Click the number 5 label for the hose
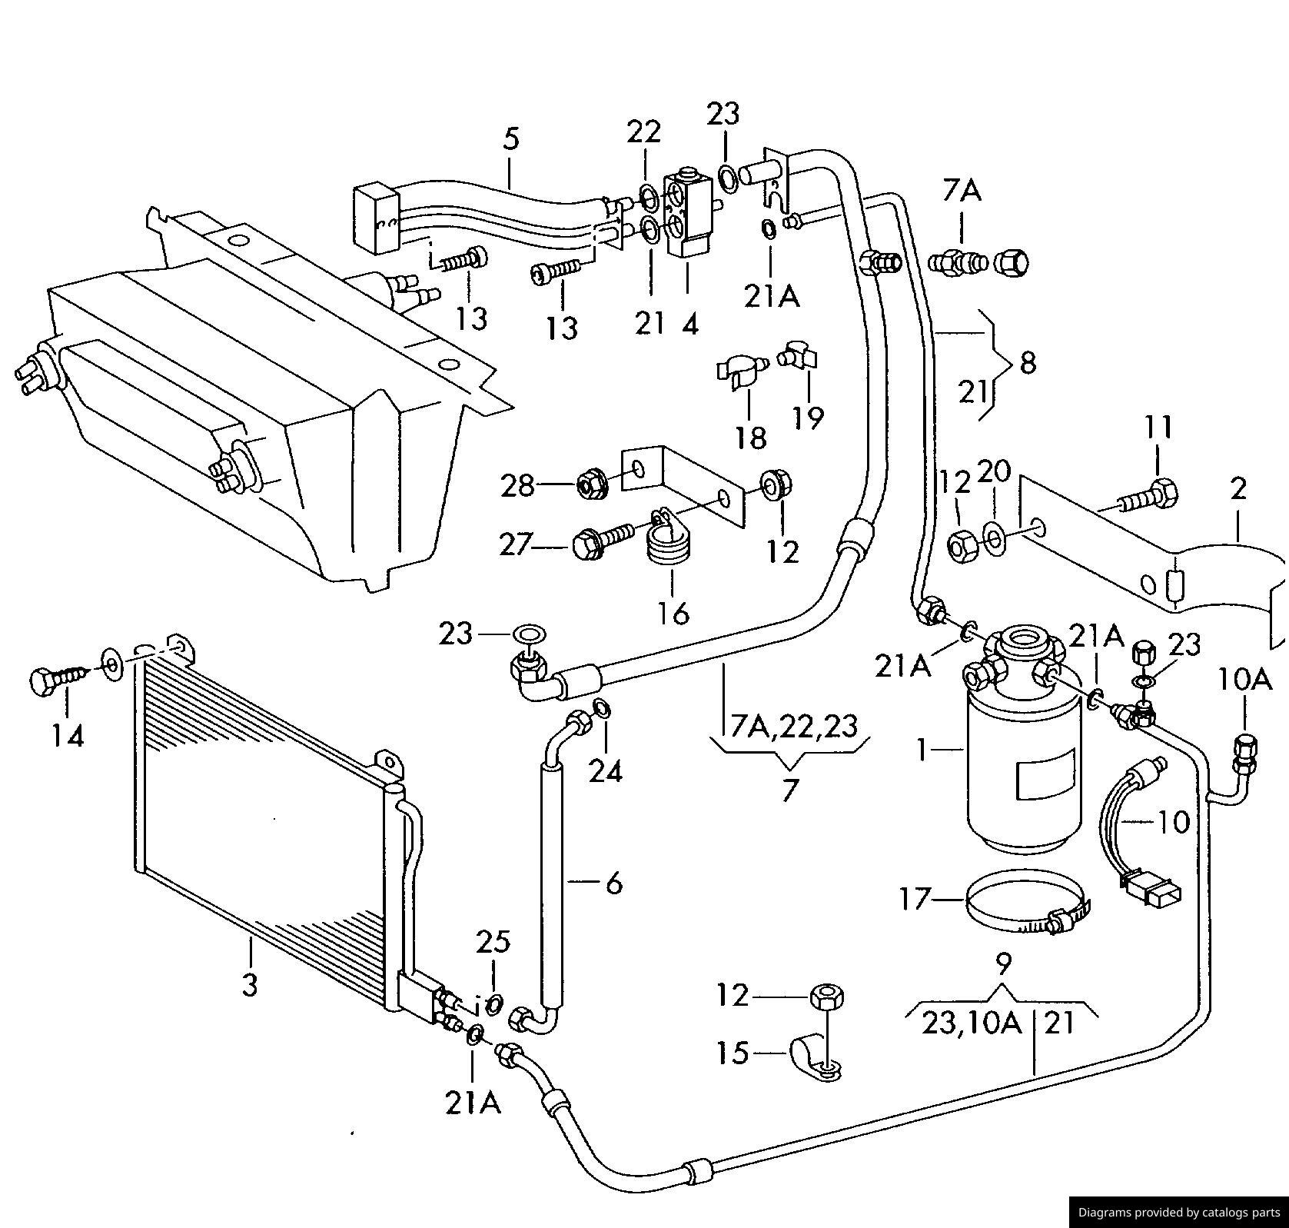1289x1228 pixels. (511, 138)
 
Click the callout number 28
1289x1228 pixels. (517, 486)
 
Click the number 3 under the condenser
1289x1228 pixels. (250, 984)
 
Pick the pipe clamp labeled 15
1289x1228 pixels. (813, 1057)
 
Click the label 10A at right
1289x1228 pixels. (1244, 679)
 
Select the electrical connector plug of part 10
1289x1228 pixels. (1151, 890)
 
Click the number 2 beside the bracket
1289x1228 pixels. (1238, 488)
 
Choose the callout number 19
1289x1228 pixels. (808, 418)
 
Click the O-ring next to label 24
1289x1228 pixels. (603, 709)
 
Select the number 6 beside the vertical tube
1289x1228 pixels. (613, 884)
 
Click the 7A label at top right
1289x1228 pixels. (962, 188)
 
